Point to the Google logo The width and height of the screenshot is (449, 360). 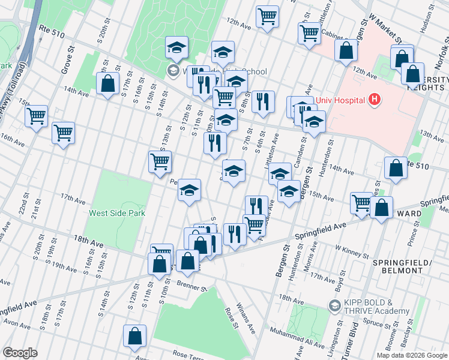(20, 352)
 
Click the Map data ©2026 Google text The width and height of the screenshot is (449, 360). (412, 355)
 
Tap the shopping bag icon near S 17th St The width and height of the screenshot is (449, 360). (107, 85)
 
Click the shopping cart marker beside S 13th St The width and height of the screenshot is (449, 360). (160, 162)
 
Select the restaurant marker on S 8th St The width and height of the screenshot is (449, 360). (262, 102)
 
